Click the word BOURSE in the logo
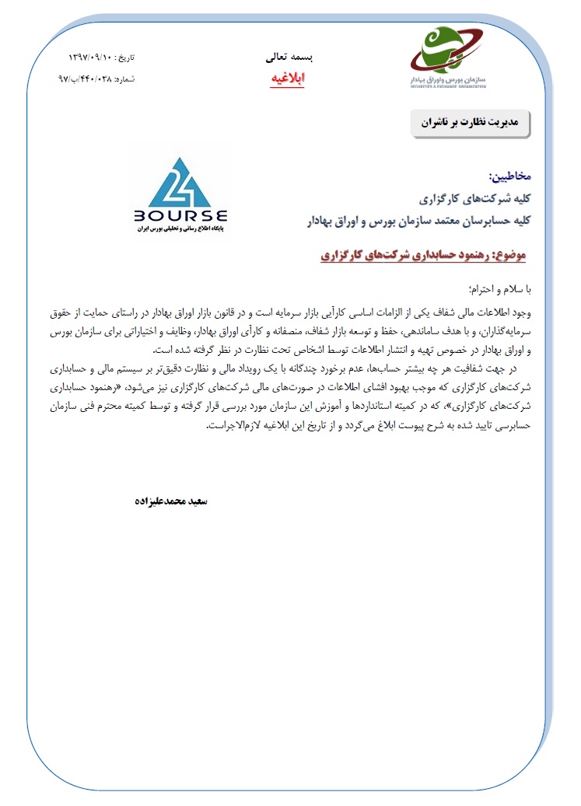tap(180, 215)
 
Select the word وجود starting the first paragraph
tap(521, 311)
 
